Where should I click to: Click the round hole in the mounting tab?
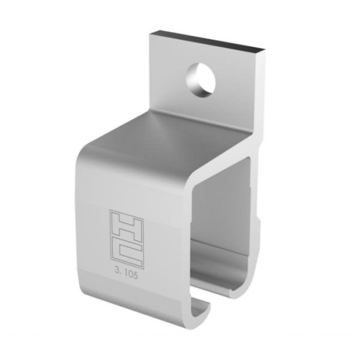click(200, 80)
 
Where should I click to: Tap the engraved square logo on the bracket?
click(126, 238)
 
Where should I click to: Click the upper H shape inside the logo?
click(126, 225)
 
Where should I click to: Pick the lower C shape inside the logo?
click(127, 253)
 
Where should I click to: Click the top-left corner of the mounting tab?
click(151, 34)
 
